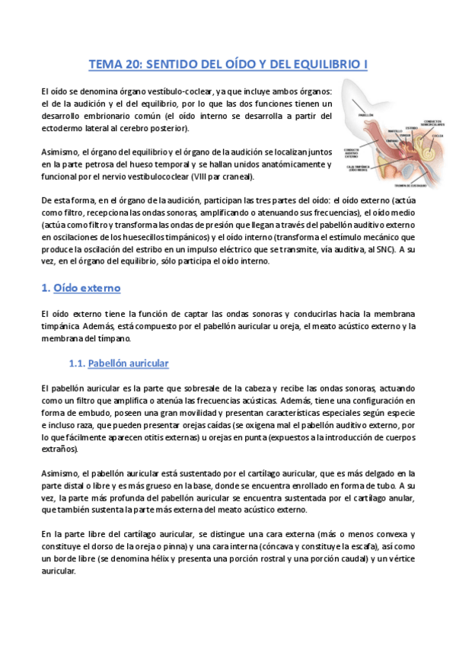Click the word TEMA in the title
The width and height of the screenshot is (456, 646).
point(105,66)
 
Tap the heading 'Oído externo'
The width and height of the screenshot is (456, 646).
point(86,289)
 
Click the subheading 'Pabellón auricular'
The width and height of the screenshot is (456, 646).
point(128,363)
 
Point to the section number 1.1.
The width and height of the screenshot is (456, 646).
point(75,363)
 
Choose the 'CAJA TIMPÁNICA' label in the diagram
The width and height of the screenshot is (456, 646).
point(356,168)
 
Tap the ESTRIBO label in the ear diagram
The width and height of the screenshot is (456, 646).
point(410,127)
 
